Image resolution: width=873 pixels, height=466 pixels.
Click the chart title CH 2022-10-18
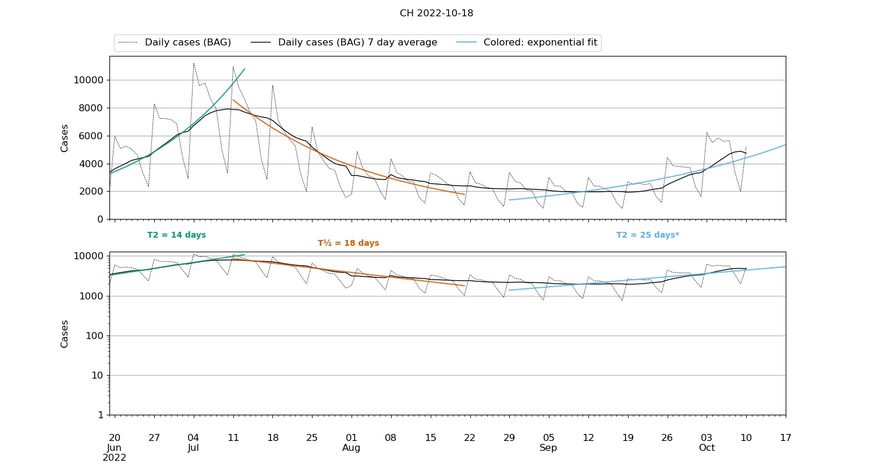[436, 13]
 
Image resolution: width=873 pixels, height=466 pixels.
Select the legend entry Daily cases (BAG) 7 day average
[357, 43]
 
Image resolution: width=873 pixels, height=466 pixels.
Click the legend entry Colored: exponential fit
[540, 43]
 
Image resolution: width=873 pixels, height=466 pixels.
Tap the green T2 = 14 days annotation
[176, 235]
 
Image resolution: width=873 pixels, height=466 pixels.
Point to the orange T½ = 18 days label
[348, 243]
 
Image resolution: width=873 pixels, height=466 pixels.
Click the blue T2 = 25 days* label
[648, 235]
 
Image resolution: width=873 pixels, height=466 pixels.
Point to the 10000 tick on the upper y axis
[88, 80]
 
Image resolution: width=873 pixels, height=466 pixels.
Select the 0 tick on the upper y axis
[101, 220]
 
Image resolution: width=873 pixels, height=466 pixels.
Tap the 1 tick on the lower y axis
[101, 415]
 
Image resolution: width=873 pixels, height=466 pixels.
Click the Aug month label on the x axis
[351, 448]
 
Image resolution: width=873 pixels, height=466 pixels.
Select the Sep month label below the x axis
[548, 448]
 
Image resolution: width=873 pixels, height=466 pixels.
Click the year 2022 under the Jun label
[115, 458]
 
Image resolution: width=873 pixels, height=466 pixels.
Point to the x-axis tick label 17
[786, 438]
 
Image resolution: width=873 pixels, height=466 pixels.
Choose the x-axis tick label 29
[509, 438]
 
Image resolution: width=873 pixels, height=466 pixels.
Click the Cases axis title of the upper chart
[65, 138]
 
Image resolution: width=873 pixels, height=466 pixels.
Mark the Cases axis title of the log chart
[65, 333]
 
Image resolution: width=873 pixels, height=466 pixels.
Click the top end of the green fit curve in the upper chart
[244, 69]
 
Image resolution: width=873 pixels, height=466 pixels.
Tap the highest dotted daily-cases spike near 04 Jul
[193, 63]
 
